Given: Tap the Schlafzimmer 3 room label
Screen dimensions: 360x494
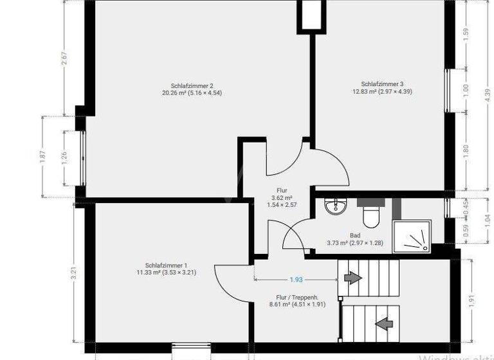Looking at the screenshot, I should coord(382,84).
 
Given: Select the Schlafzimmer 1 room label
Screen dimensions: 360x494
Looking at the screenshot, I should coord(166,265).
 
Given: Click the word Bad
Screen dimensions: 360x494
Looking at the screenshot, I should coord(355,235).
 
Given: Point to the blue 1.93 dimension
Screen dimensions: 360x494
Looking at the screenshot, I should coord(296,279).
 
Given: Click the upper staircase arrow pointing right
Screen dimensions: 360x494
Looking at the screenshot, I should coord(352,277).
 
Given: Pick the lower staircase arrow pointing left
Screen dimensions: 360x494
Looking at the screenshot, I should coord(384,323).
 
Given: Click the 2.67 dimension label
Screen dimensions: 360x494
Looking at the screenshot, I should coord(64,58).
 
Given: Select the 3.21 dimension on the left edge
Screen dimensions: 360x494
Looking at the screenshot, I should coord(75,273).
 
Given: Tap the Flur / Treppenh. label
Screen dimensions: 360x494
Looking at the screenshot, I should coord(297,297).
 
